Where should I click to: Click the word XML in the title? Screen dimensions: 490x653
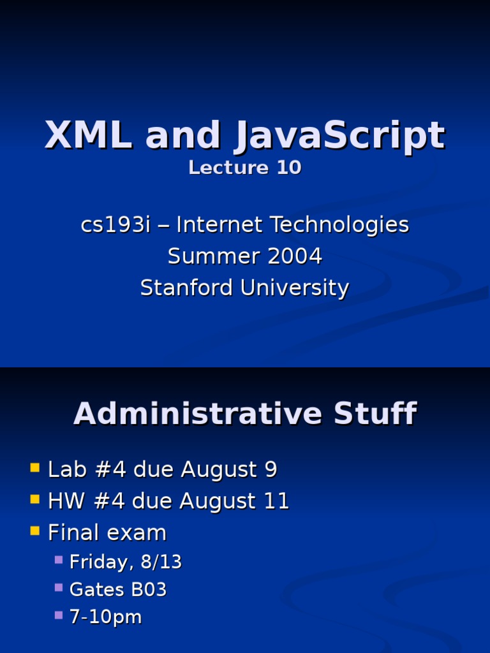[x=88, y=135]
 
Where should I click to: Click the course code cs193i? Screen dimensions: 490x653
[x=115, y=225]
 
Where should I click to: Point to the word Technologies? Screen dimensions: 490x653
[x=340, y=226]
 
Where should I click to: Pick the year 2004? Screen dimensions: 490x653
[x=295, y=256]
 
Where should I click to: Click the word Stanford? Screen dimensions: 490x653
[x=186, y=288]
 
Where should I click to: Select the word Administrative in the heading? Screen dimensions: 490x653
[x=198, y=413]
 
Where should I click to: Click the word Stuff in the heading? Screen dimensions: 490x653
[x=375, y=413]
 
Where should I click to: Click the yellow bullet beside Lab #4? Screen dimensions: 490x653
[x=35, y=467]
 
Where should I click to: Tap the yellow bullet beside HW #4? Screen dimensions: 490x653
[x=35, y=499]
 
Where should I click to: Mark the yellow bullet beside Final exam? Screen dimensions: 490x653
[x=35, y=531]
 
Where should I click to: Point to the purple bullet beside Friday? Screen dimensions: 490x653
[x=59, y=560]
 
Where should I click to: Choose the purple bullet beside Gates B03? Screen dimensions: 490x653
[x=59, y=587]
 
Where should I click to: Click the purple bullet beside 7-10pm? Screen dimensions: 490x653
[x=59, y=615]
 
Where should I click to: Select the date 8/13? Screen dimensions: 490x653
[x=161, y=562]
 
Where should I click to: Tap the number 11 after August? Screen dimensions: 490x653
[x=277, y=501]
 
